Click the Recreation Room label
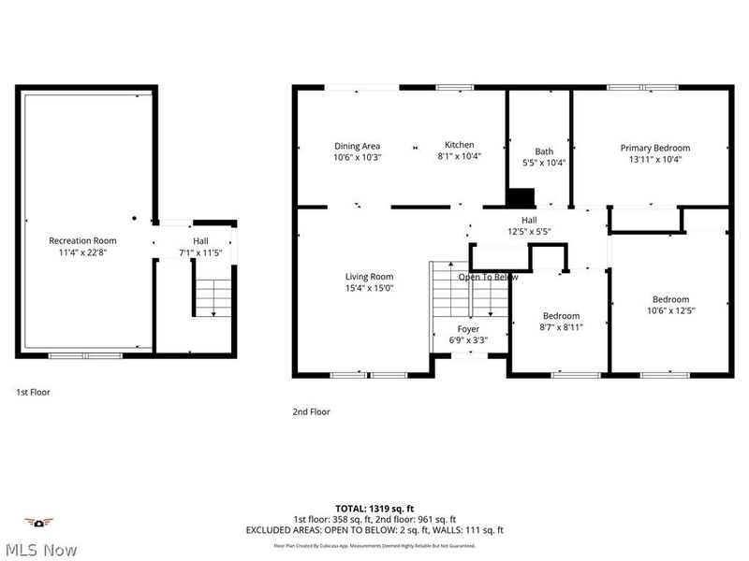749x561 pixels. tap(82, 240)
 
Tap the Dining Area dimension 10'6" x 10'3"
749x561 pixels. tap(357, 158)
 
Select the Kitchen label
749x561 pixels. tap(459, 145)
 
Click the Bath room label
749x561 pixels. tap(544, 151)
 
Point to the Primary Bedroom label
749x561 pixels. tap(654, 148)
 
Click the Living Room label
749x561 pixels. tap(369, 277)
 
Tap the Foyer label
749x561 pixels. tap(468, 329)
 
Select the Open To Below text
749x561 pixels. tap(488, 277)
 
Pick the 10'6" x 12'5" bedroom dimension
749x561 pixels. tap(670, 310)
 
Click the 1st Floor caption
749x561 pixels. tap(33, 393)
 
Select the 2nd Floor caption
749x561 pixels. tap(312, 411)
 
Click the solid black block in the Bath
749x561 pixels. tap(520, 197)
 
